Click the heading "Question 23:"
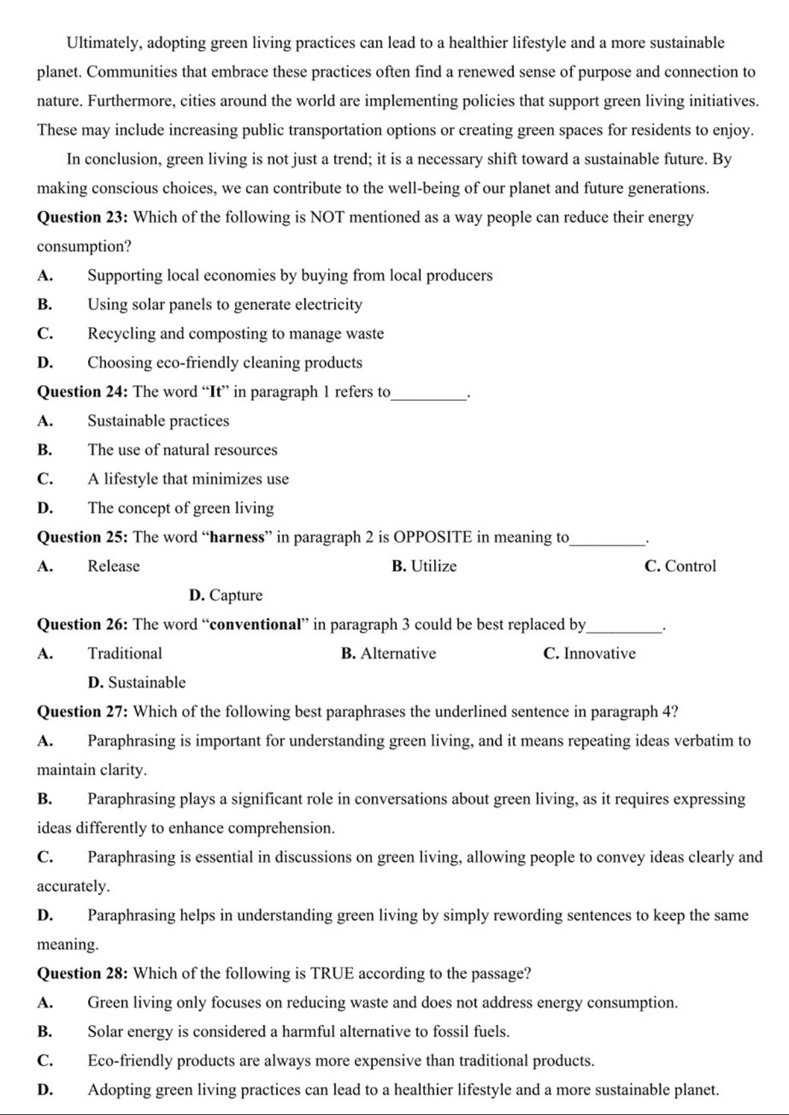click(83, 218)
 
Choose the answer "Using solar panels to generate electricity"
click(225, 305)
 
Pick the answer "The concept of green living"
click(181, 508)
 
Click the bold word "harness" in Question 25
click(237, 537)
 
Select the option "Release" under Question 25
click(114, 566)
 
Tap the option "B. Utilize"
click(424, 566)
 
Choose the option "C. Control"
click(680, 566)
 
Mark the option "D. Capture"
click(226, 596)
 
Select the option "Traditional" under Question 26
click(125, 654)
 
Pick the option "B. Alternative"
click(389, 654)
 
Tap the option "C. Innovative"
click(589, 654)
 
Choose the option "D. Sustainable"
click(137, 683)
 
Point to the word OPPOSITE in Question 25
click(433, 537)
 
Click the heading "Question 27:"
click(83, 712)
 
